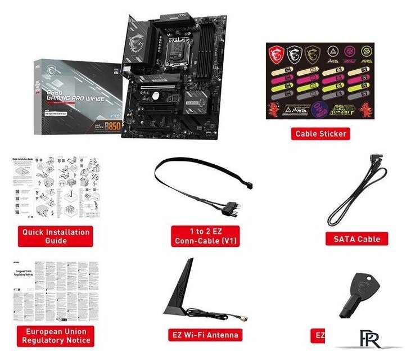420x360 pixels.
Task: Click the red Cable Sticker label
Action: pyautogui.click(x=320, y=133)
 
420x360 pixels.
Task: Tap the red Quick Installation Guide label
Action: pyautogui.click(x=56, y=236)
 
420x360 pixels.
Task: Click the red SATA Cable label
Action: pyautogui.click(x=356, y=238)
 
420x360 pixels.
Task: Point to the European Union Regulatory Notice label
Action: pyautogui.click(x=56, y=336)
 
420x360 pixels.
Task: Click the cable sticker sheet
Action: pyautogui.click(x=320, y=80)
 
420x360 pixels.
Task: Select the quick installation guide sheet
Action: pyautogui.click(x=56, y=188)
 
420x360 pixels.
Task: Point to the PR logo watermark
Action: pyautogui.click(x=371, y=339)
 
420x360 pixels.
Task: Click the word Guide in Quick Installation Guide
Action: pyautogui.click(x=56, y=241)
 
